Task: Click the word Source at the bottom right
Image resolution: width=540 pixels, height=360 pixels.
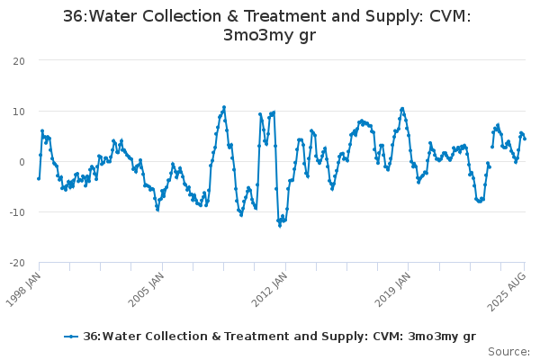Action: (508, 351)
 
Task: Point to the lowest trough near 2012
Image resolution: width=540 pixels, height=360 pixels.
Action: (279, 225)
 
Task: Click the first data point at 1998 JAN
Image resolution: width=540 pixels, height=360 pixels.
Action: (39, 178)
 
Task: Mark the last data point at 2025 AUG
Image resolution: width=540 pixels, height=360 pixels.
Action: (525, 139)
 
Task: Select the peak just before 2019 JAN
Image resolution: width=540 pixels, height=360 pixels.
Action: (402, 109)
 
